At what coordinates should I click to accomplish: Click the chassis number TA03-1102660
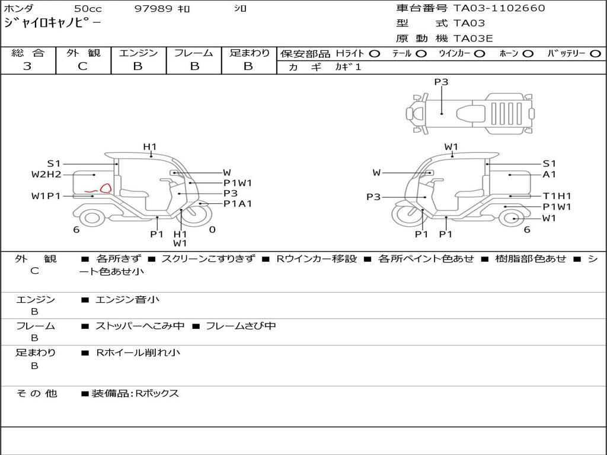click(499, 8)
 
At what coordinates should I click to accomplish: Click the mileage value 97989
click(153, 8)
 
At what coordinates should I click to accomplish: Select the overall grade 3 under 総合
click(27, 66)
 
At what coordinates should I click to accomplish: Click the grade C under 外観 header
click(82, 66)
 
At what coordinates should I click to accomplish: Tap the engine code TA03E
click(473, 39)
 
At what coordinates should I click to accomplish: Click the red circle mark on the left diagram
click(106, 188)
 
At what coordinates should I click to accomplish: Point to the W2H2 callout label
click(46, 175)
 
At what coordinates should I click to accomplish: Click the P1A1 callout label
click(238, 204)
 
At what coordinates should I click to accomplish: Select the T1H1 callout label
click(557, 196)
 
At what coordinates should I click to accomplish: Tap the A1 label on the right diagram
click(550, 175)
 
